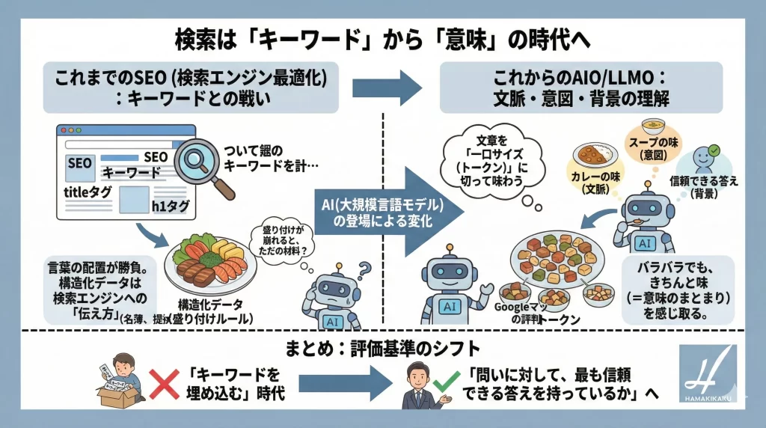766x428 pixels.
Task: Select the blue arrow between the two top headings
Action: [x=387, y=88]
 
